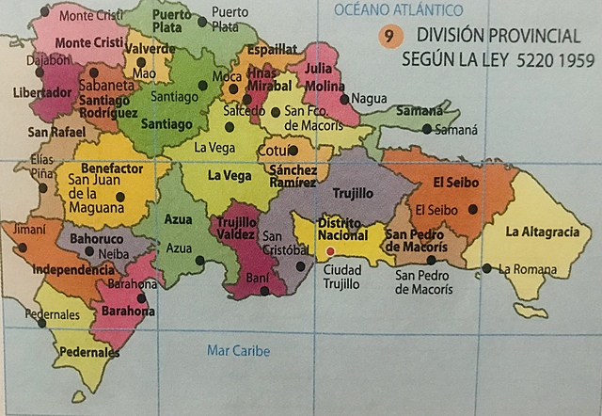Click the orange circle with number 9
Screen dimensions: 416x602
[387, 37]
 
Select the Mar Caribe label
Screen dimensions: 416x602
[238, 351]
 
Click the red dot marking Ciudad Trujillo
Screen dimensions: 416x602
[330, 252]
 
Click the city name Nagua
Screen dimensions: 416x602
[369, 98]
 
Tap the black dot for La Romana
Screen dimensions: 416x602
[486, 269]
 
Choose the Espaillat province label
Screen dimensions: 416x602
[272, 49]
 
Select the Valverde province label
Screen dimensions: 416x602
[150, 49]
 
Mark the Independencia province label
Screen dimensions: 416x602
[73, 269]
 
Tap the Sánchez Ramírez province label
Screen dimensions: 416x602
[293, 177]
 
